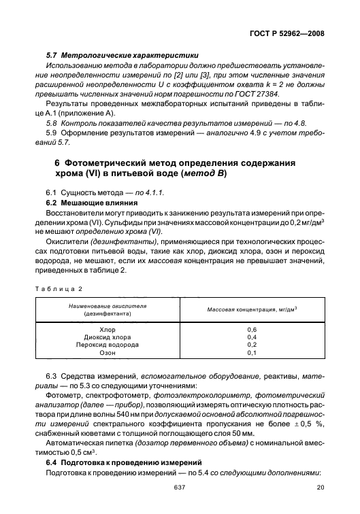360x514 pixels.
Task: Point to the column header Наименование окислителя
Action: [x=107, y=307]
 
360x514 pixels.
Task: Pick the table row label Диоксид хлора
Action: [x=108, y=337]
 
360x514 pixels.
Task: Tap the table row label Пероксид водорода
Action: [x=108, y=344]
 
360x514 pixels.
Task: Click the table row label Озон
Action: [x=108, y=352]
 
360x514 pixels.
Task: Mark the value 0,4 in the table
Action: [x=252, y=337]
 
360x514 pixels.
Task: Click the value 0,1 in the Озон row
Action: [x=252, y=352]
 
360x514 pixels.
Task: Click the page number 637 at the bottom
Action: [x=180, y=505]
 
